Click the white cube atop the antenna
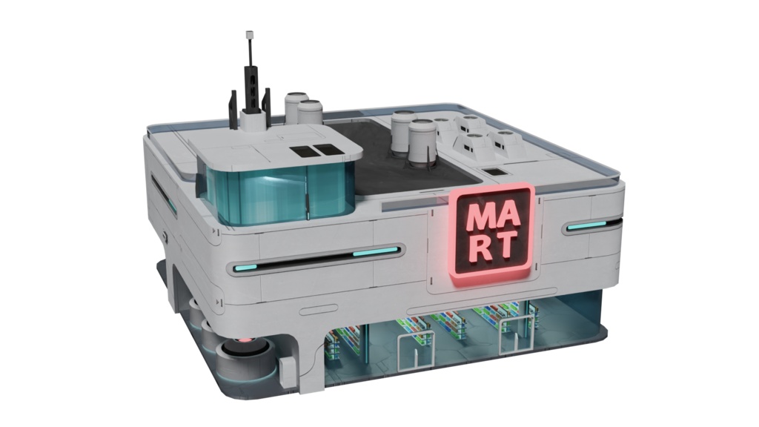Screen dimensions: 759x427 pyautogui.click(x=251, y=35)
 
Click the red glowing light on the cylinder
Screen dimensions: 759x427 pyautogui.click(x=245, y=340)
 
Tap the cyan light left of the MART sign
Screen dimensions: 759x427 pyautogui.click(x=376, y=251)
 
